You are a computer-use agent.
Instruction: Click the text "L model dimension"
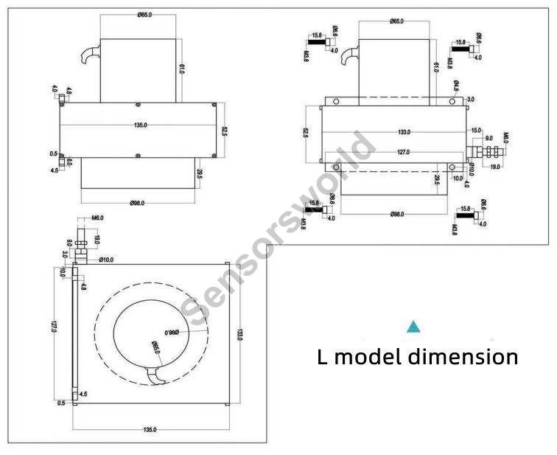(418, 357)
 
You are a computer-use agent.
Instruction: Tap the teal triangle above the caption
(414, 325)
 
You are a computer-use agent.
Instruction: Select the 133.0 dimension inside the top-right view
(403, 132)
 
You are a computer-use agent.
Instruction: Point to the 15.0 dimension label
(476, 131)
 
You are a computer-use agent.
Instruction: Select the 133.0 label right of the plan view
(238, 333)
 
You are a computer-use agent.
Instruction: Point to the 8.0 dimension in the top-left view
(69, 161)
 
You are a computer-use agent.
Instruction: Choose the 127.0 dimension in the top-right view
(403, 153)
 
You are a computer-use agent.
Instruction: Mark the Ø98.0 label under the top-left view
(139, 202)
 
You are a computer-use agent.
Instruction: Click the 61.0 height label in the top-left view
(181, 69)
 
